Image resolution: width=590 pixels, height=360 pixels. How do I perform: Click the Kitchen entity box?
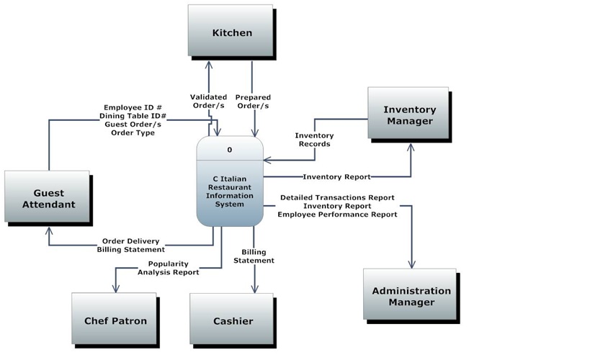(231, 33)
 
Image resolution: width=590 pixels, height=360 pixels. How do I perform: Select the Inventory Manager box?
(409, 115)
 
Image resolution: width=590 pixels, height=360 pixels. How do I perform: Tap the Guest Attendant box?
(48, 199)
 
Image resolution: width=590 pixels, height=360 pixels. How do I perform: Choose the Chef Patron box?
(115, 320)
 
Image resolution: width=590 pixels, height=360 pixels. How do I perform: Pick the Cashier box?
(233, 320)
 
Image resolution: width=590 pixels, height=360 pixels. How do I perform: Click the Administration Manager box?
(411, 297)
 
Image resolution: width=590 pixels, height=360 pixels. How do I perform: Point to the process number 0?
(230, 150)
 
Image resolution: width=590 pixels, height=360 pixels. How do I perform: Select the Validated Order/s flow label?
(208, 102)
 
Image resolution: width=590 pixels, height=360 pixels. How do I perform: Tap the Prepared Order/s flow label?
(252, 102)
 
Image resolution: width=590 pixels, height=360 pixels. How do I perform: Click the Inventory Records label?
(314, 140)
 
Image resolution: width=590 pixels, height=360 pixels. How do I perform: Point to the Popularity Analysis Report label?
(169, 268)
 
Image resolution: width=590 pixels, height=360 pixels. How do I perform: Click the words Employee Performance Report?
(337, 215)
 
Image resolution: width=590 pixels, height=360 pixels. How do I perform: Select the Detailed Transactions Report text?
(337, 197)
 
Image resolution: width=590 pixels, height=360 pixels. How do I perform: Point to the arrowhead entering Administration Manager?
(412, 265)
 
